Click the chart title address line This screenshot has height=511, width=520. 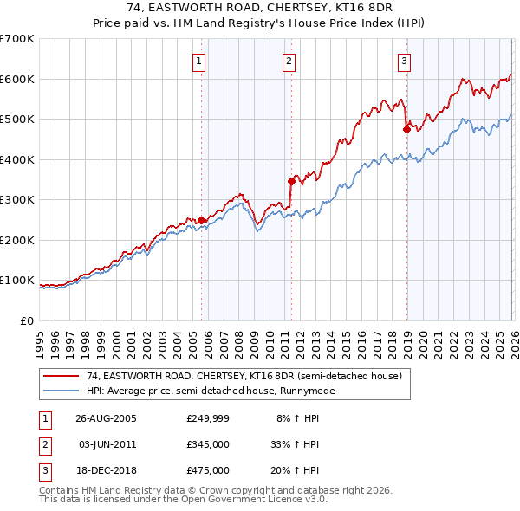click(259, 9)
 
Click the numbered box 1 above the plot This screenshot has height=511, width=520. click(199, 61)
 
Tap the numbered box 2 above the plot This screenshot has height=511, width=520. click(288, 61)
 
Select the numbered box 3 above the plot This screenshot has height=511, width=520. click(404, 61)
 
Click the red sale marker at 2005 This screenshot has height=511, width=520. click(202, 220)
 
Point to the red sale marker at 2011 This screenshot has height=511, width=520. click(291, 181)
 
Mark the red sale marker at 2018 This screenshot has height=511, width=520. click(406, 129)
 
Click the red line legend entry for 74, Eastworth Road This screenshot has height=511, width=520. click(244, 377)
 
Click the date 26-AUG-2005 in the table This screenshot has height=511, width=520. click(106, 418)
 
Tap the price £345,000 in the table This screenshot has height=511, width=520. click(207, 444)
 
